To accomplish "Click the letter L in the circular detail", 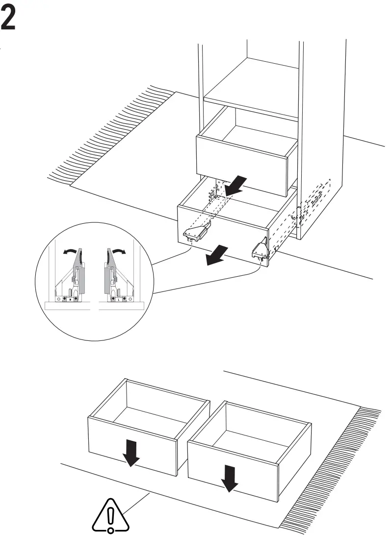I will [x=120, y=299].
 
